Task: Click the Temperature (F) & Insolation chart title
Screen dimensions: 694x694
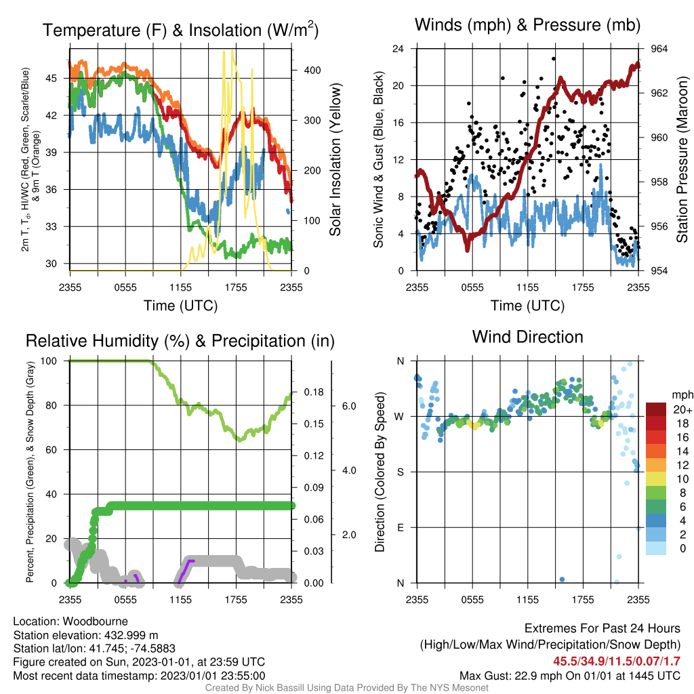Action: tap(180, 30)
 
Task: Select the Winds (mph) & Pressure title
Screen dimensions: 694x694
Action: tap(527, 25)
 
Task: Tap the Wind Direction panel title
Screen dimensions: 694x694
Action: tap(527, 337)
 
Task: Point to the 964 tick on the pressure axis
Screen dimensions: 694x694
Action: tap(659, 49)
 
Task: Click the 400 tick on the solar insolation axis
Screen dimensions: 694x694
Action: tap(312, 70)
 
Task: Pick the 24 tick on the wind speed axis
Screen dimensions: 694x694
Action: tap(398, 49)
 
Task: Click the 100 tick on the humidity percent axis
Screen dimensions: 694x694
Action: tap(49, 361)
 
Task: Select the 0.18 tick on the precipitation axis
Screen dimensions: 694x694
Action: tap(314, 392)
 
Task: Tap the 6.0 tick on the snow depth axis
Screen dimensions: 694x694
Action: tap(349, 406)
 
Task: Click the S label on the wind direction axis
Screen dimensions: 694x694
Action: tap(400, 472)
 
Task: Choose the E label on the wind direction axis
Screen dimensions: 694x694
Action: tap(400, 527)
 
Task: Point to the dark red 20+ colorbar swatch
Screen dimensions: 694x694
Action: tap(656, 409)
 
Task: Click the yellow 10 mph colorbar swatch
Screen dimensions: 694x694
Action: tap(656, 479)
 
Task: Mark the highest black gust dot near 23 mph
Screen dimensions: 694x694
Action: tap(554, 58)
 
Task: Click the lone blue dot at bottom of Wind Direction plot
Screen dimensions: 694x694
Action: tap(562, 579)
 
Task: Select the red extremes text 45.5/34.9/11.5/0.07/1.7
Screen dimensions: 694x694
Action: tap(617, 661)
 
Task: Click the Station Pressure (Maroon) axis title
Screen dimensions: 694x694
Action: tap(682, 159)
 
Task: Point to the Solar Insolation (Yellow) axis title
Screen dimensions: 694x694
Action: tap(335, 159)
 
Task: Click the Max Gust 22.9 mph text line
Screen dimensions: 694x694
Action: tap(570, 676)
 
